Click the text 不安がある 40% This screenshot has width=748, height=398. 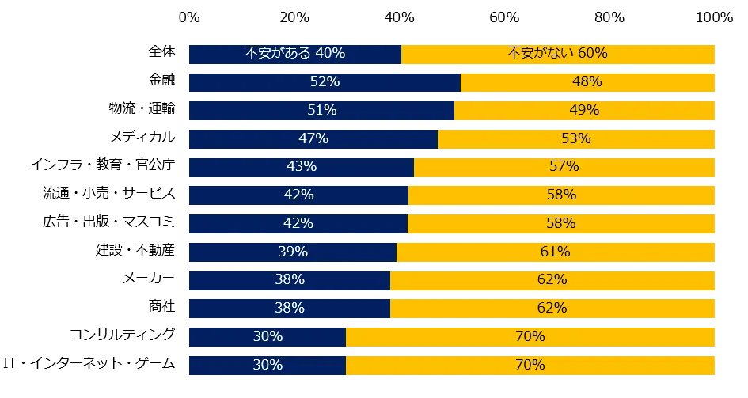294,53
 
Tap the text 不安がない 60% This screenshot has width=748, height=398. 557,53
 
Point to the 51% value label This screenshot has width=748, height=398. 322,110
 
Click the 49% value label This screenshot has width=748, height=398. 584,110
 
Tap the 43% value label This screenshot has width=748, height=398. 302,166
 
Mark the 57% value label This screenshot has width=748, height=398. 564,166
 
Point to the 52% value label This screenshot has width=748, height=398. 325,81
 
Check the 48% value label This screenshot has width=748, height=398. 587,81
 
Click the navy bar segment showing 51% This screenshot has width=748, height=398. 237,110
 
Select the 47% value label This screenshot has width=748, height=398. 313,138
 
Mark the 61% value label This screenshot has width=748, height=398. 555,252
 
